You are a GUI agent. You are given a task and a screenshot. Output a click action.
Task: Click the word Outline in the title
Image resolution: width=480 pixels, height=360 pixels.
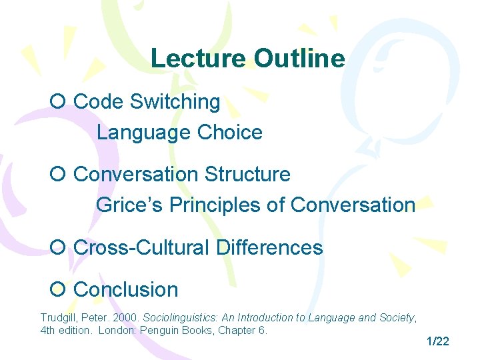coord(299,59)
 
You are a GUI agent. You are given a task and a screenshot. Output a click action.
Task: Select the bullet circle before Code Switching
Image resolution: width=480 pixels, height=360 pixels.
coord(57,102)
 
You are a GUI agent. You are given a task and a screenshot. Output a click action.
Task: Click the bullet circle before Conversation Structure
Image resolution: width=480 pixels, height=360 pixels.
coord(57,175)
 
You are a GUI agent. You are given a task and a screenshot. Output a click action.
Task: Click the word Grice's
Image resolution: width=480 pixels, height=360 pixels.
coord(130,205)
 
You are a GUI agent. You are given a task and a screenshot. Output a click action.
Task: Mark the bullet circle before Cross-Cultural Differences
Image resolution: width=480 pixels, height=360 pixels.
coord(57,248)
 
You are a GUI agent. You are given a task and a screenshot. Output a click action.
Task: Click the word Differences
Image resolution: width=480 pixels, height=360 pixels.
coord(269,248)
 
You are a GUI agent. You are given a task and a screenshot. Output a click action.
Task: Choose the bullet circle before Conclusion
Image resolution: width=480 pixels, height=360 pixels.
coord(57,290)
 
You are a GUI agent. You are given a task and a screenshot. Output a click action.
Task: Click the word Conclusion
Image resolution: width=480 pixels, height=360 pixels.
coord(126,290)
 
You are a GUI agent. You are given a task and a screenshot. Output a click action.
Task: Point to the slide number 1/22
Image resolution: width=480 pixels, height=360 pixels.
coord(437,341)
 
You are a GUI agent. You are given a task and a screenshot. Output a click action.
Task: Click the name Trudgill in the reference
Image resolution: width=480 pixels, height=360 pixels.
coord(59,318)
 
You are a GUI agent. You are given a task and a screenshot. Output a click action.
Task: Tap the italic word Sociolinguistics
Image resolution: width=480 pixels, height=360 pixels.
coord(183,318)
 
